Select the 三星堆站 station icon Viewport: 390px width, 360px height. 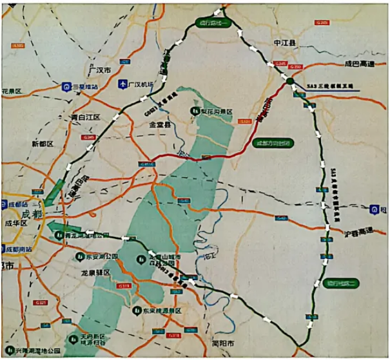[66, 86]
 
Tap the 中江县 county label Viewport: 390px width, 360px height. [284, 43]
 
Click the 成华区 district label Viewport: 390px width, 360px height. [14, 223]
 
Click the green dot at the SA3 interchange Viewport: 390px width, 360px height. [290, 82]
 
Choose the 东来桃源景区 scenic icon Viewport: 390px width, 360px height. [137, 310]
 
